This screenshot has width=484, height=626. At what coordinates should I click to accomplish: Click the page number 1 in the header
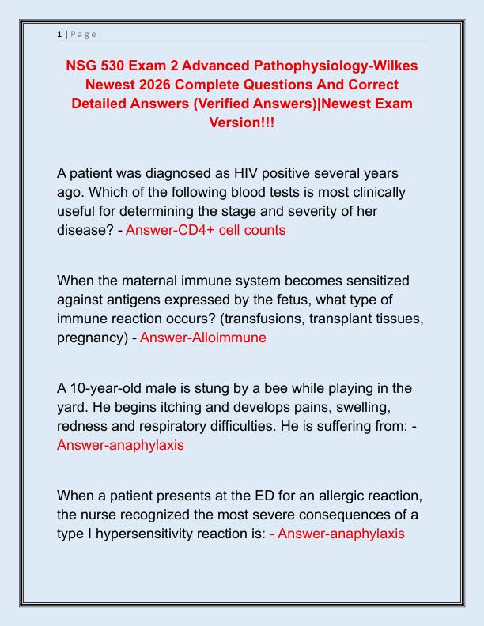tap(59, 34)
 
